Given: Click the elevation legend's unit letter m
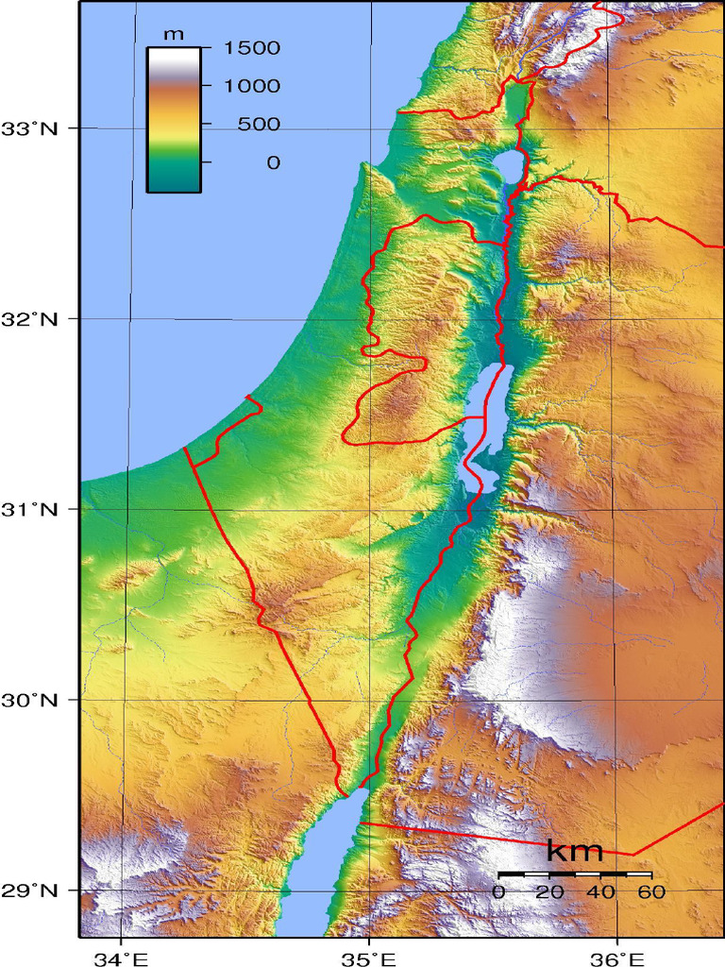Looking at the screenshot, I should point(174,34).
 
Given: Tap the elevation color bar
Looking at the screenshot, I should point(174,119).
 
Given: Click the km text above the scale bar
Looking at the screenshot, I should point(575,851).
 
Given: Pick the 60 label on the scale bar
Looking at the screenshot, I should point(650,891).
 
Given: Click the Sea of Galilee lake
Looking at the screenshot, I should point(508,166).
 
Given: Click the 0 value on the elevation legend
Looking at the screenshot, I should point(273,162).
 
